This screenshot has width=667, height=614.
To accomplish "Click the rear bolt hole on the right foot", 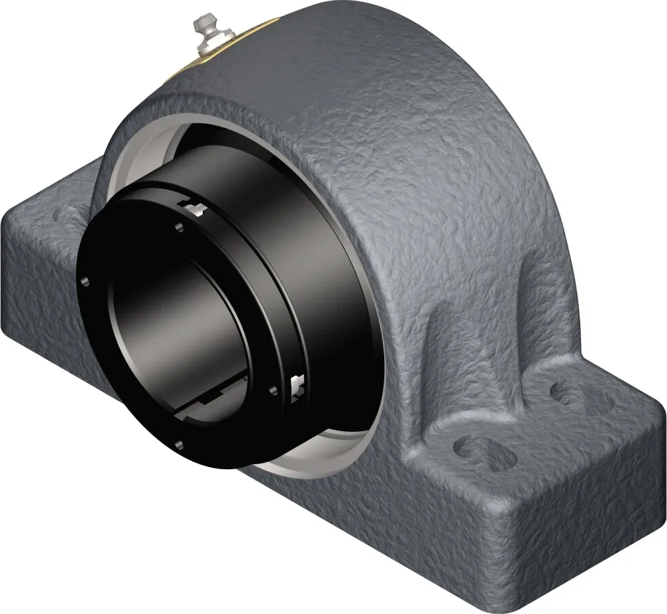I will pos(574,394).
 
